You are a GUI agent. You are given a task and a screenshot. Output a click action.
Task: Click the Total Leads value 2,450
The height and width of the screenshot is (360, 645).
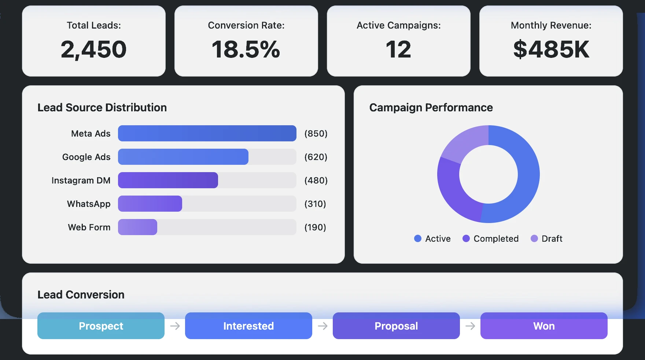(x=94, y=49)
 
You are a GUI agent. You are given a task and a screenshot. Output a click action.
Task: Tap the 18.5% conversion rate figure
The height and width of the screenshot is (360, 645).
(x=246, y=49)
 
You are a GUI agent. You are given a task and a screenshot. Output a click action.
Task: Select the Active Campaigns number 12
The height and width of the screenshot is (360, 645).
(x=398, y=49)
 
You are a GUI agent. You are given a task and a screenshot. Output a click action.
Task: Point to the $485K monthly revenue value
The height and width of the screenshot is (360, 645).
(x=551, y=49)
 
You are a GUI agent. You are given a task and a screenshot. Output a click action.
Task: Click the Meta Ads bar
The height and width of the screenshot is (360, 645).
(x=207, y=133)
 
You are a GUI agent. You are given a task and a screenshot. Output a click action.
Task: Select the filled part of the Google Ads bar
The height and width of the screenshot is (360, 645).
(x=183, y=157)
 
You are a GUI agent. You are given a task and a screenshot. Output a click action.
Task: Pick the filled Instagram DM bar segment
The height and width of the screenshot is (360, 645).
(x=168, y=180)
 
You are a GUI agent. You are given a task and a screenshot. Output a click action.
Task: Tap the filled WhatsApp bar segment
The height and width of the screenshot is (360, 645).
(x=150, y=204)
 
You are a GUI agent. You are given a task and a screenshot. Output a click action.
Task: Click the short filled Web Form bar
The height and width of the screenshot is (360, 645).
(x=137, y=227)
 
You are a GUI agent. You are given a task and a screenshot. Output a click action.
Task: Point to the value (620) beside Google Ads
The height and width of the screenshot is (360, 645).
(x=316, y=157)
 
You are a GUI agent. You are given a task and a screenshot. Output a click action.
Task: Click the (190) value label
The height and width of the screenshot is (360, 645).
(x=315, y=227)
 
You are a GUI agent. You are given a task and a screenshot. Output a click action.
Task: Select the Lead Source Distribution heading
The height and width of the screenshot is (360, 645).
(x=102, y=108)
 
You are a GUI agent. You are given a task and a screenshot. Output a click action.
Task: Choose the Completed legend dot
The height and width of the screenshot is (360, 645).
(x=466, y=238)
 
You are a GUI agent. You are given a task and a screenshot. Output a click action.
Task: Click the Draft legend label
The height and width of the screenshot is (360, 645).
(x=552, y=239)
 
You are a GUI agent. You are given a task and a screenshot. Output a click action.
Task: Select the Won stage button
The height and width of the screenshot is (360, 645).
(x=544, y=326)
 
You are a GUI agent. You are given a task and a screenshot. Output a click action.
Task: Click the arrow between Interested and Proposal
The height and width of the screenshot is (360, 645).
(x=322, y=326)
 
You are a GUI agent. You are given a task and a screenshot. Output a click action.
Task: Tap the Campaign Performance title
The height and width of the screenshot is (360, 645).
(x=431, y=108)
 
